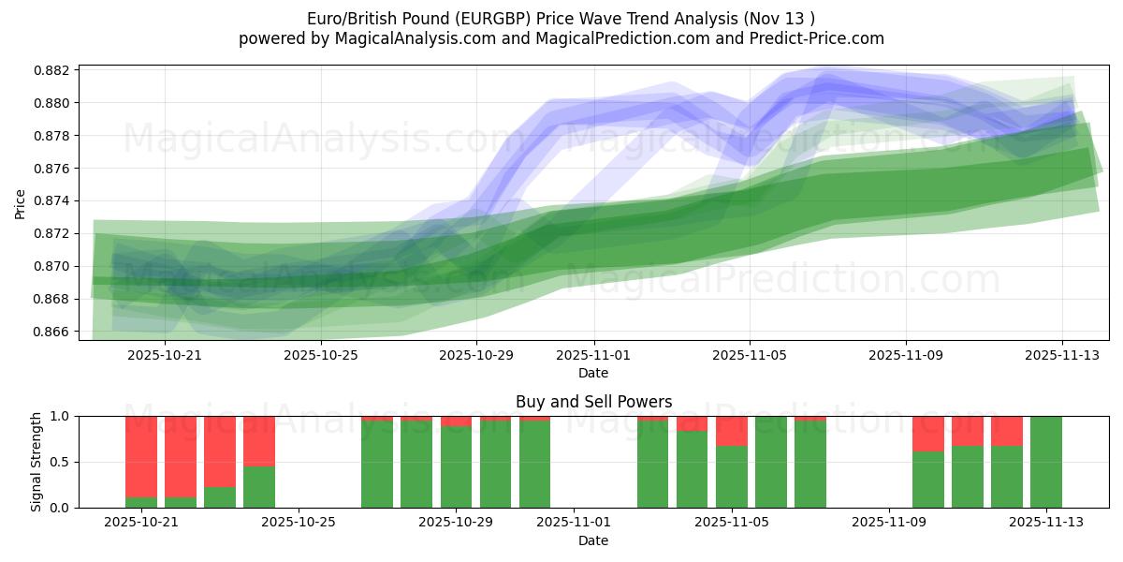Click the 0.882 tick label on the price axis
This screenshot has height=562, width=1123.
click(x=53, y=70)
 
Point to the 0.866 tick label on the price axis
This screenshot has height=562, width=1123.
click(x=53, y=332)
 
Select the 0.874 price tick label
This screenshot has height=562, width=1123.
click(x=53, y=201)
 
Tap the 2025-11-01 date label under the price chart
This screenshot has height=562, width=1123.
click(x=593, y=355)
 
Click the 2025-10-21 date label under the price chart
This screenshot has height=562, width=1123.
click(x=165, y=355)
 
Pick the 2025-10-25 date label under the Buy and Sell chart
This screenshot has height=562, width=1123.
click(x=298, y=523)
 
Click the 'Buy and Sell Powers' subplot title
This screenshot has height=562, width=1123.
click(x=593, y=402)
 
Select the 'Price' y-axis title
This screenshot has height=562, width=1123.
click(x=21, y=204)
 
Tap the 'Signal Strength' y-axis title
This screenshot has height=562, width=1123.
click(x=36, y=462)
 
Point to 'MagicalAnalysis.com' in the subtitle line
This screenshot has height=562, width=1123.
click(x=416, y=38)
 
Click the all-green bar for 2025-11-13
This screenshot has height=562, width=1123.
click(x=1046, y=462)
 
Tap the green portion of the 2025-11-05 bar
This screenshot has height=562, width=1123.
click(x=732, y=477)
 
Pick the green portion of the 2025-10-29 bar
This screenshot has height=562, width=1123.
click(x=456, y=467)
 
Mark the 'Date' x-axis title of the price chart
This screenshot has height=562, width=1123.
click(x=593, y=373)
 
